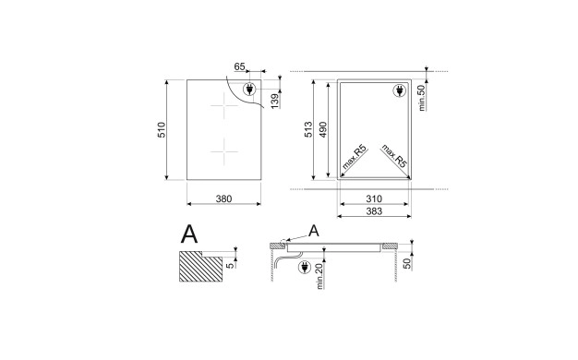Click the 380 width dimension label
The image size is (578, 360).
point(223,199)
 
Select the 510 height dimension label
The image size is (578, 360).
point(162,130)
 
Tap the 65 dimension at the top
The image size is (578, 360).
point(240,66)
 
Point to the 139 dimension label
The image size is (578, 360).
point(275,102)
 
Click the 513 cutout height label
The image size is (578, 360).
point(308,129)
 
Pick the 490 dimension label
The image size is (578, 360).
point(323,129)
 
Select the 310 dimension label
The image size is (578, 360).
point(374,199)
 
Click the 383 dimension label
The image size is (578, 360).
point(374,211)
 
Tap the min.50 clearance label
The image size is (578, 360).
point(422,97)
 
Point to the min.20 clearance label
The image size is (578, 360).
point(319,276)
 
